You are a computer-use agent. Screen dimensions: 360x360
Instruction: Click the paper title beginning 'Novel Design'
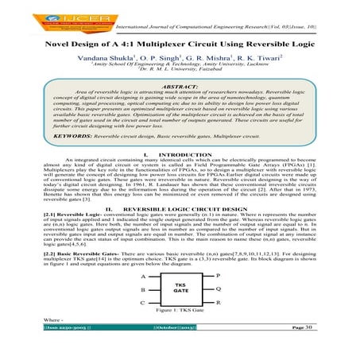click(x=179, y=46)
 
